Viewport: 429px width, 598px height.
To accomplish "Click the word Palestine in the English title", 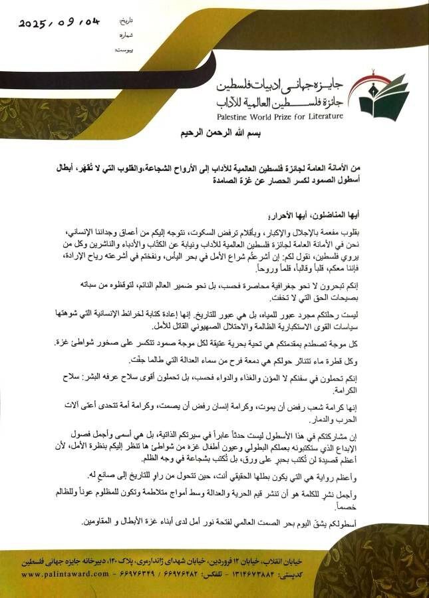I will click(239, 116).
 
